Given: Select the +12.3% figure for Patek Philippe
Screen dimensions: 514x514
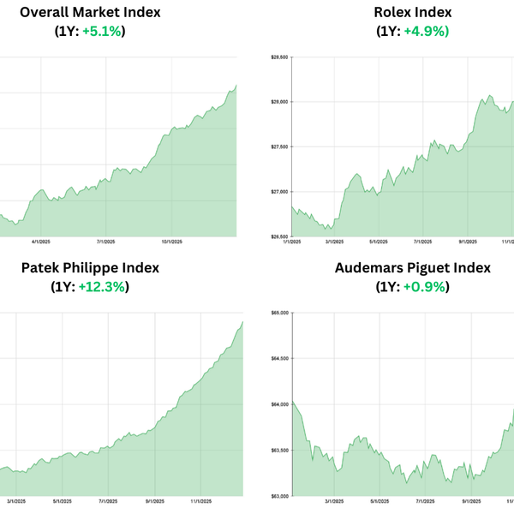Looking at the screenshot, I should pos(105,286).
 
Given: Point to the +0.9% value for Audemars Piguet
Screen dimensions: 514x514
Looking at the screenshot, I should pos(425,286).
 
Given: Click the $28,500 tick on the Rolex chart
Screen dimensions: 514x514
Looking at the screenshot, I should pos(279,57).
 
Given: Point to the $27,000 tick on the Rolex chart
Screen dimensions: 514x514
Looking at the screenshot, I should pos(279,192).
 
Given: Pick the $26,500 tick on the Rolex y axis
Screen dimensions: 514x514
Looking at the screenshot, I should pos(279,236).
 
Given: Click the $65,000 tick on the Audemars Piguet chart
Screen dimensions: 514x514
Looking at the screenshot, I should pos(279,313).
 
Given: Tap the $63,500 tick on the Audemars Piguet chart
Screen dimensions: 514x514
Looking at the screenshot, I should pos(279,450).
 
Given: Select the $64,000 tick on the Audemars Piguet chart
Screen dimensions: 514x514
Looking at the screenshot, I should pos(279,404).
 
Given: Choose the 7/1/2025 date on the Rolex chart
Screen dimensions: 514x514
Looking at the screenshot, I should pos(421,242).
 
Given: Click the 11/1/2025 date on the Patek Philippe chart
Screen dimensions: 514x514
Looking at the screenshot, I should pos(200,501).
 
